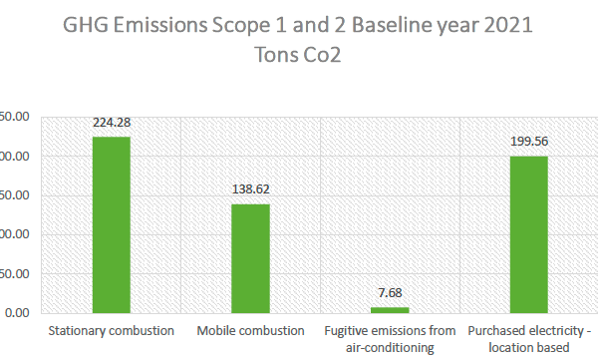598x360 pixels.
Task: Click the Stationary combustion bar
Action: (111, 224)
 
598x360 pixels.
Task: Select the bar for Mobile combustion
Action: (250, 258)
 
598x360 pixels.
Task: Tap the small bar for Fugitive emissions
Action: (390, 309)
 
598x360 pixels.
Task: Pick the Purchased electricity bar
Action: (529, 234)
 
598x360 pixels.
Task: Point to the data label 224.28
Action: (111, 124)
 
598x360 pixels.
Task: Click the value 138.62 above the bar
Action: (250, 188)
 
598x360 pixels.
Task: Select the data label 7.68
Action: (390, 292)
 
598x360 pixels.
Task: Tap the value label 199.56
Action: (529, 142)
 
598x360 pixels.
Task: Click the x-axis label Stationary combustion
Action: (111, 330)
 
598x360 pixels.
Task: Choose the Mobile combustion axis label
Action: (250, 330)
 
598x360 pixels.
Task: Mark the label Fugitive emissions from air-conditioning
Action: (390, 338)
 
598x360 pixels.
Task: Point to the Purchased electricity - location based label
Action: (529, 338)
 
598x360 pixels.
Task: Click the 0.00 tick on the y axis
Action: (18, 313)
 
